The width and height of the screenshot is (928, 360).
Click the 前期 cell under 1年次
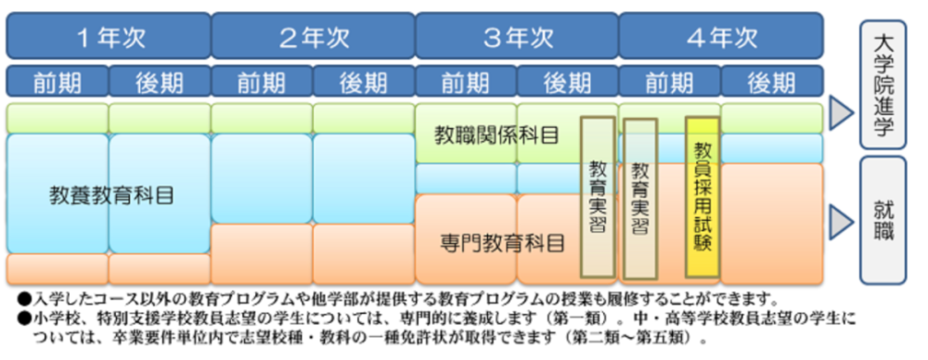(58, 81)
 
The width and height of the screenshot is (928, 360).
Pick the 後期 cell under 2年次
(364, 81)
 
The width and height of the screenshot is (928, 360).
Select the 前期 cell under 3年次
(467, 81)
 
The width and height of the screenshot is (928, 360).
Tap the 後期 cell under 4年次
(772, 81)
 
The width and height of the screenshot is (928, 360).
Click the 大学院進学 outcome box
(883, 84)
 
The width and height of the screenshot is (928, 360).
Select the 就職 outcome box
(883, 220)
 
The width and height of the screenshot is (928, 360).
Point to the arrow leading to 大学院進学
(841, 112)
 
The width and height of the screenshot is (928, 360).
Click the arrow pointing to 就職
(841, 220)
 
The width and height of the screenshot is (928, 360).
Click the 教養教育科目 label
(111, 196)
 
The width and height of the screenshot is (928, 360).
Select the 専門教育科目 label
(502, 242)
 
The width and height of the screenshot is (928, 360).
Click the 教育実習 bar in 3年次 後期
(599, 198)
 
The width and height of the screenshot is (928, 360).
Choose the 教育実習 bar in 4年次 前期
(640, 199)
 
